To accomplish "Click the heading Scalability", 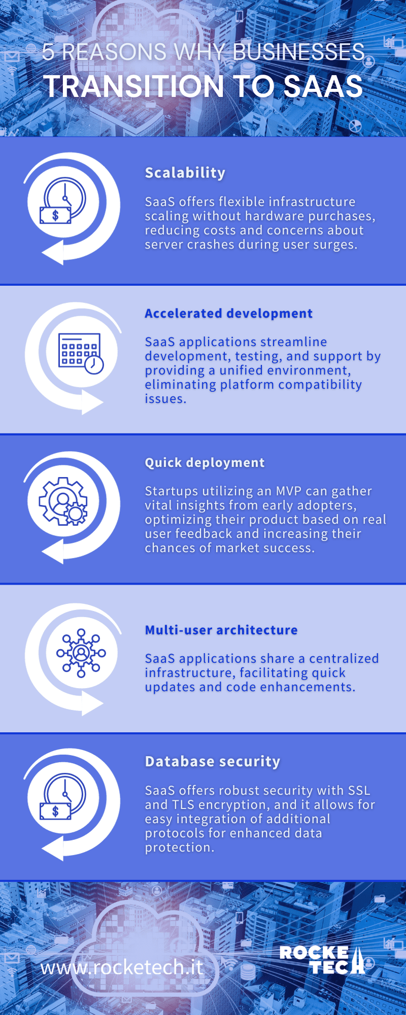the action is point(185,173).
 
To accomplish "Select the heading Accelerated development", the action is point(228,314).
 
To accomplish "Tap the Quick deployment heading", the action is point(205,463).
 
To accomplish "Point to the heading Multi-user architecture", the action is point(221,630).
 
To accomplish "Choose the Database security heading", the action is point(212,761).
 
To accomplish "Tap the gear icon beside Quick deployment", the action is point(63,501).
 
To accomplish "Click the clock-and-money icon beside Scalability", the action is point(63,201).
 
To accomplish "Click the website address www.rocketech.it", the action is point(122,967).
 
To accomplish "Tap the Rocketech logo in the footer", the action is point(322,960).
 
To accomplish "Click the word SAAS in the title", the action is point(323,86).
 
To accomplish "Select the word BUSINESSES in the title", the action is point(298,52).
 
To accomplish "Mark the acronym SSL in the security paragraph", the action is point(359,791).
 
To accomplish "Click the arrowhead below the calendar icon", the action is point(93,403).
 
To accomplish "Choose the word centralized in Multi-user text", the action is point(344,659).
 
